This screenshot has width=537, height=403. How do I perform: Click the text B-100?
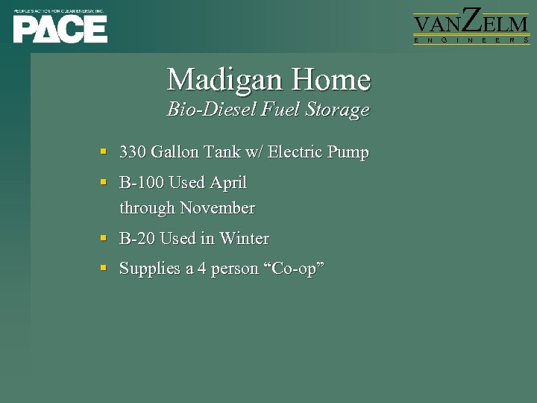pyautogui.click(x=142, y=183)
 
